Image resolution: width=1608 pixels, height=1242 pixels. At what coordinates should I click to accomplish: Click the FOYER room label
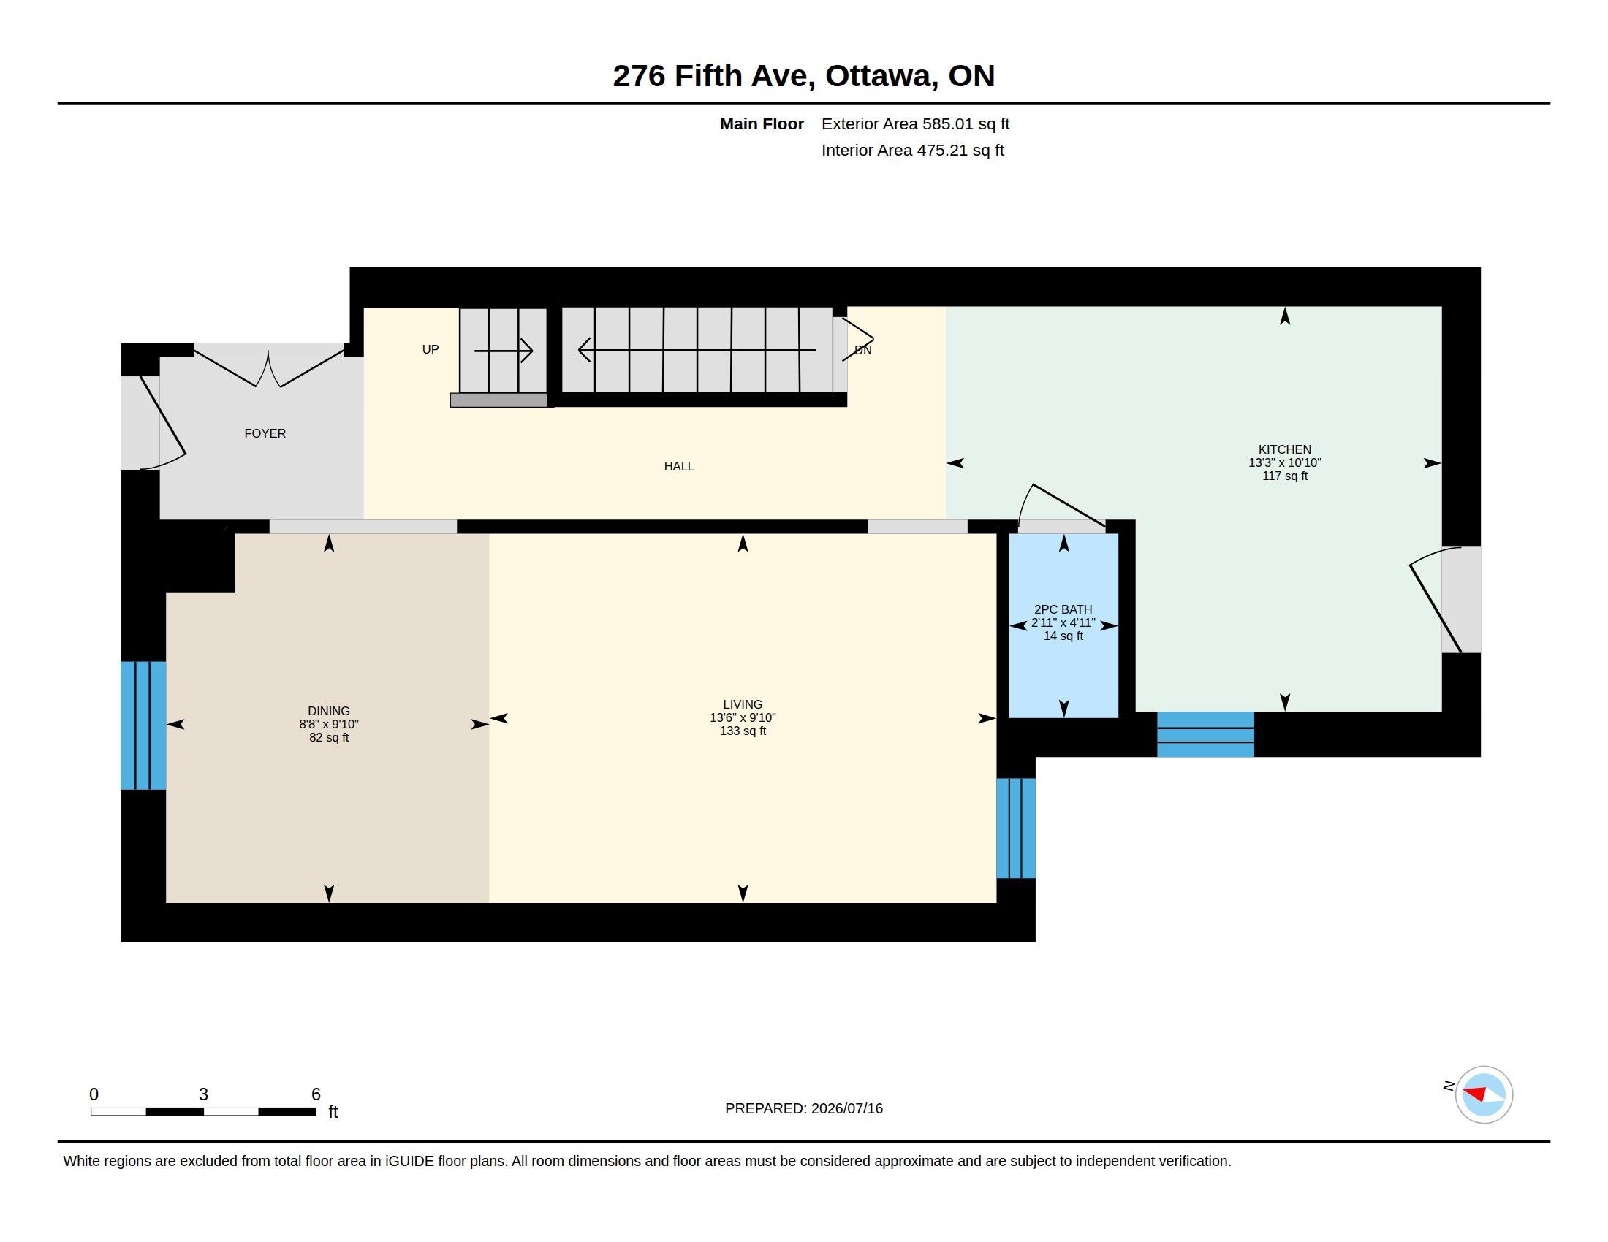click(265, 433)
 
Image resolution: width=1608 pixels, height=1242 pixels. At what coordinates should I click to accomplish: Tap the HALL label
click(679, 466)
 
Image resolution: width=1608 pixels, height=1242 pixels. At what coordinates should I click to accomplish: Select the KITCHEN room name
click(1285, 449)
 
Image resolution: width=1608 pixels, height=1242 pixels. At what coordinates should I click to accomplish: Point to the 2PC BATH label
click(1063, 609)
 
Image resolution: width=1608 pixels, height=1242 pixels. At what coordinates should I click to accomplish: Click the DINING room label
click(329, 711)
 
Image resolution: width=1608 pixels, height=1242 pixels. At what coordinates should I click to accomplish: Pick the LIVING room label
click(743, 704)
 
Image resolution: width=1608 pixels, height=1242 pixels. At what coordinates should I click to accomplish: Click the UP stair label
click(431, 349)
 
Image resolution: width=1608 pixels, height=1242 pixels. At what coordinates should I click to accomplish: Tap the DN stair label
click(863, 350)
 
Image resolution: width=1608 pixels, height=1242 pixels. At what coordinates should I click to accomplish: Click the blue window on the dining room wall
click(143, 725)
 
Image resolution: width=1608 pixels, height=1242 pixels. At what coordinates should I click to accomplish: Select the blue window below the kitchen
click(1205, 734)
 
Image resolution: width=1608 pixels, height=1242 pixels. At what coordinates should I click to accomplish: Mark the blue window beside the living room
click(1016, 828)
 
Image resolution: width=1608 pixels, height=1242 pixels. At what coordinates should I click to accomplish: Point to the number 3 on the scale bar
click(203, 1094)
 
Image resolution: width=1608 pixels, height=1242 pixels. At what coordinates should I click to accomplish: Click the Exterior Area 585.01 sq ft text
click(915, 123)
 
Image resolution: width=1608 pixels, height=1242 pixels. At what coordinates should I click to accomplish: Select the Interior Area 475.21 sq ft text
click(913, 150)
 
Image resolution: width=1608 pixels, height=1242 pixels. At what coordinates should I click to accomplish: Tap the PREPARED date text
click(804, 1108)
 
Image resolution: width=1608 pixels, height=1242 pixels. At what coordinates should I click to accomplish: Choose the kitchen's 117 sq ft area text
click(1285, 476)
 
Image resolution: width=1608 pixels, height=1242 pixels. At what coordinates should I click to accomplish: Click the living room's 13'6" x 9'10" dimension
click(743, 717)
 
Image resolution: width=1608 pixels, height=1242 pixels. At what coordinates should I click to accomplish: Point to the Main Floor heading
click(762, 123)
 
